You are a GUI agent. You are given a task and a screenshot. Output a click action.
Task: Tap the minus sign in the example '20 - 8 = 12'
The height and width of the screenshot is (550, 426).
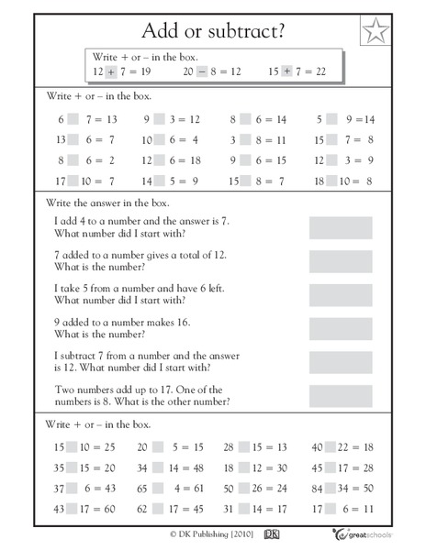click(x=201, y=71)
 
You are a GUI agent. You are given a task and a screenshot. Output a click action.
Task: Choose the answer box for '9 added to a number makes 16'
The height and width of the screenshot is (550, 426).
click(x=341, y=327)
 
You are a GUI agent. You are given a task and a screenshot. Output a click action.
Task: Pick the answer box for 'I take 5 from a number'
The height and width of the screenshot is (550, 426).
click(x=341, y=294)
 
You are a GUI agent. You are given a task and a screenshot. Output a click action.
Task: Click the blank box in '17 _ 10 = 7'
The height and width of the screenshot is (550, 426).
click(x=77, y=181)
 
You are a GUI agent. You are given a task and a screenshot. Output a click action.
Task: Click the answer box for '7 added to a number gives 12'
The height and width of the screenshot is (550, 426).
click(x=341, y=261)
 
